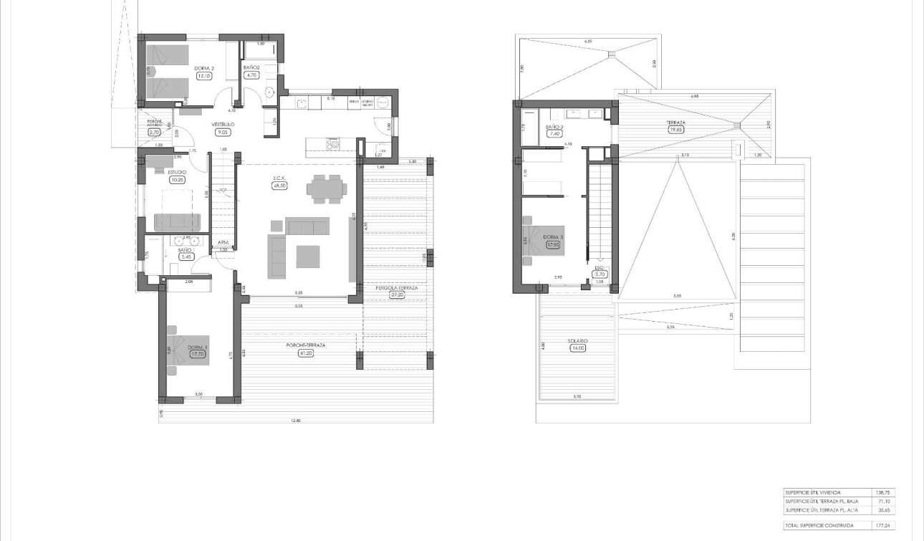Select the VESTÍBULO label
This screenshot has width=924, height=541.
click(x=223, y=124)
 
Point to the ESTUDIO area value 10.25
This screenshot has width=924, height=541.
click(x=177, y=180)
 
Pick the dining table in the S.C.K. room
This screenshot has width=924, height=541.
click(x=327, y=188)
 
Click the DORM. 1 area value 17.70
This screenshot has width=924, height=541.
click(x=198, y=353)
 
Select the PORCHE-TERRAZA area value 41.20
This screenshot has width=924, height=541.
click(x=306, y=353)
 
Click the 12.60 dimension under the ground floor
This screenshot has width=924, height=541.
click(x=296, y=421)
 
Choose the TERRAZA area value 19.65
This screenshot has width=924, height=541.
click(x=675, y=130)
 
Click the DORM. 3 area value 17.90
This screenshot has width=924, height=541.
click(x=553, y=244)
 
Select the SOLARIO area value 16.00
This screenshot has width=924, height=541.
click(x=578, y=348)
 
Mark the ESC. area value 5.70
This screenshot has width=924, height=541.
click(x=600, y=274)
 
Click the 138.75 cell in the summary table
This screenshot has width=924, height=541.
click(x=883, y=492)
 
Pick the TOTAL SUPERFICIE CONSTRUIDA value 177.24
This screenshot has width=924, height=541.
click(x=883, y=525)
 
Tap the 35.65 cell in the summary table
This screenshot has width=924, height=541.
click(x=883, y=509)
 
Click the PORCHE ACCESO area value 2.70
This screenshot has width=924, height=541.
click(x=154, y=132)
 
